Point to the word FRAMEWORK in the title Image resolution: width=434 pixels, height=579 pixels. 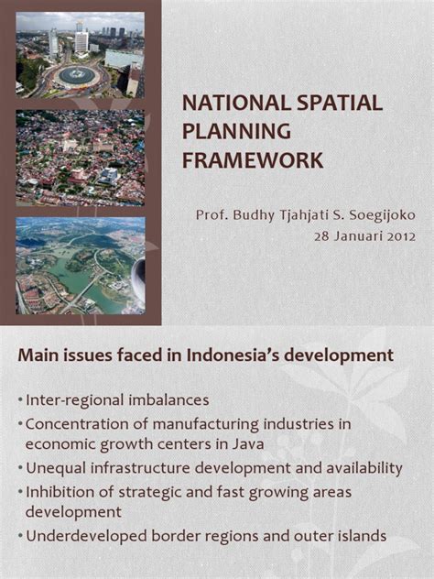click(253, 160)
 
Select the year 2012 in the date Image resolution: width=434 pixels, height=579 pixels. click(398, 234)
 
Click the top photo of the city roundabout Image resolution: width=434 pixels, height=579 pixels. click(80, 55)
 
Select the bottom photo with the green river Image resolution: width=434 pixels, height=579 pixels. click(80, 266)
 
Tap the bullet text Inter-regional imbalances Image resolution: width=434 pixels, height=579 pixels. click(117, 400)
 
